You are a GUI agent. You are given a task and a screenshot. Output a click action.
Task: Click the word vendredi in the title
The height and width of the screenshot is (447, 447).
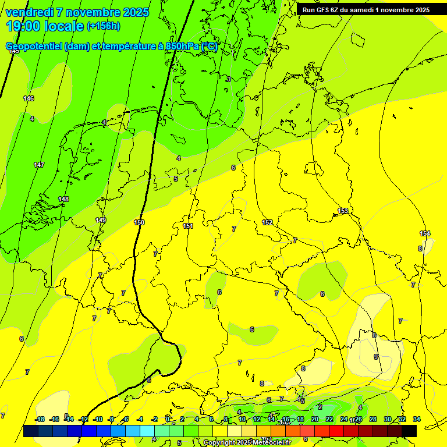coord(29,12)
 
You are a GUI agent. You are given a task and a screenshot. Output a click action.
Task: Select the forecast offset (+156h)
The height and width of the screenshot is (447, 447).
coord(103,26)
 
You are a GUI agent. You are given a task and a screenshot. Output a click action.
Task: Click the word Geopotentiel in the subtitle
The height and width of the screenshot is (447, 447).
coord(34,47)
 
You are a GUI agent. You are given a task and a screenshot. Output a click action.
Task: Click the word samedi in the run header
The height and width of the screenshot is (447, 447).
coord(368,10)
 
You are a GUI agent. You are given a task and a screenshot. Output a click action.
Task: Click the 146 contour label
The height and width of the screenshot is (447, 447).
coord(29,98)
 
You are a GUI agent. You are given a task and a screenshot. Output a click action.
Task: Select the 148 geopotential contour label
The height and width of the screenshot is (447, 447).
coord(63,200)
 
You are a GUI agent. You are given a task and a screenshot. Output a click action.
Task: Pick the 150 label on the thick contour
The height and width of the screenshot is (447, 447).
coord(139,222)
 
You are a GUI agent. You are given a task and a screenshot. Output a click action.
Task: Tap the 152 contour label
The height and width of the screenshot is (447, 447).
coord(267,222)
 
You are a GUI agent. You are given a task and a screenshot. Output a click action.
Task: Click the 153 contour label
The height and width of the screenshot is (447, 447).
coord(343,211)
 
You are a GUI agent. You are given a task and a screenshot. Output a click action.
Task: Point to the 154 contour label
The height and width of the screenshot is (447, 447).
coord(425,233)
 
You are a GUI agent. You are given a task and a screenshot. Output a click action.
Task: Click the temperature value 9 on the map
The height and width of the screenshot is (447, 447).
coord(375,357)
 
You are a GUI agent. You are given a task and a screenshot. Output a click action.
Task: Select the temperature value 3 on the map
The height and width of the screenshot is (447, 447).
coord(229,79)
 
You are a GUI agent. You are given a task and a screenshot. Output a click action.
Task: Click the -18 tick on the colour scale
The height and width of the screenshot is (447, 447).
coord(40,419)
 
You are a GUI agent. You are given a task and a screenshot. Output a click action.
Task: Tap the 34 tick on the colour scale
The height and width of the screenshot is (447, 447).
coord(417,419)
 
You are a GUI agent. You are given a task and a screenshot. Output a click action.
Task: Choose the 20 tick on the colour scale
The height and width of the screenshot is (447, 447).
coord(315,419)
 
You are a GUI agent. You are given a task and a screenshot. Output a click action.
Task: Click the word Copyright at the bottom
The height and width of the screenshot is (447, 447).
coord(219,443)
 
